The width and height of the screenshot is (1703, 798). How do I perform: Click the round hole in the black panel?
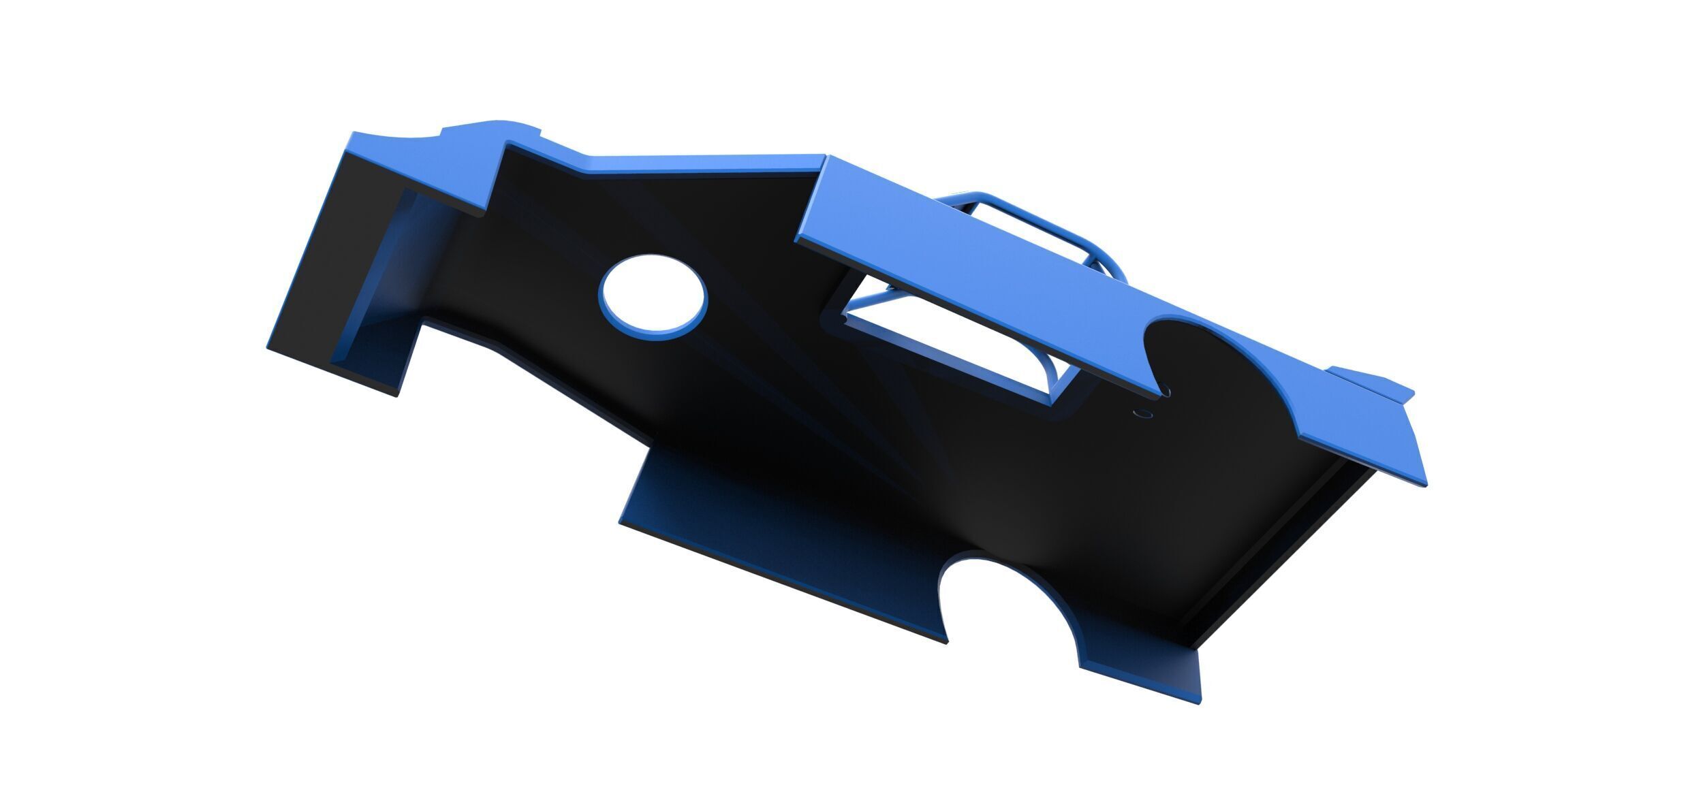click(x=653, y=297)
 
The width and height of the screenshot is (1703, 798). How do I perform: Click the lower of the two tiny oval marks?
click(x=1141, y=413)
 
